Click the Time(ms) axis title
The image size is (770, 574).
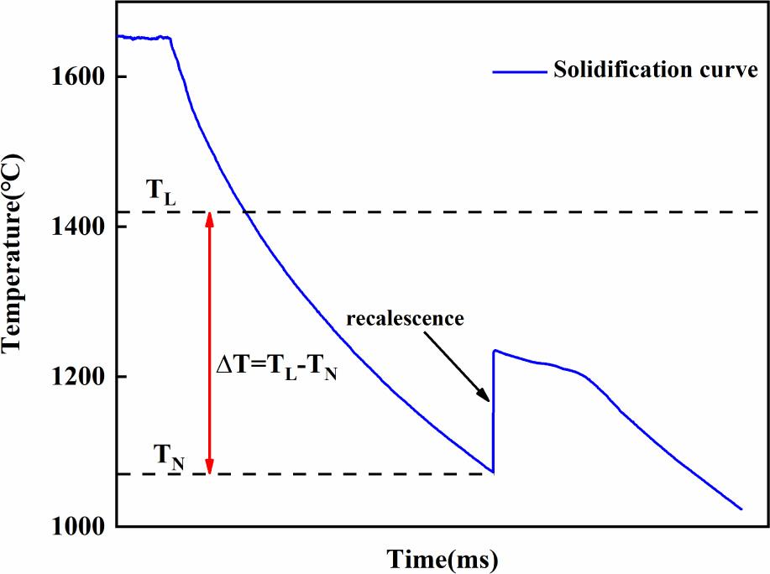click(442, 556)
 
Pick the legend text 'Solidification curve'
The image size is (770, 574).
click(655, 70)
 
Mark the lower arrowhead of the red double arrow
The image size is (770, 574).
click(210, 471)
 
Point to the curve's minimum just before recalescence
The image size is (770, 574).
click(493, 472)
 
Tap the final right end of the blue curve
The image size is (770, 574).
click(742, 509)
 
